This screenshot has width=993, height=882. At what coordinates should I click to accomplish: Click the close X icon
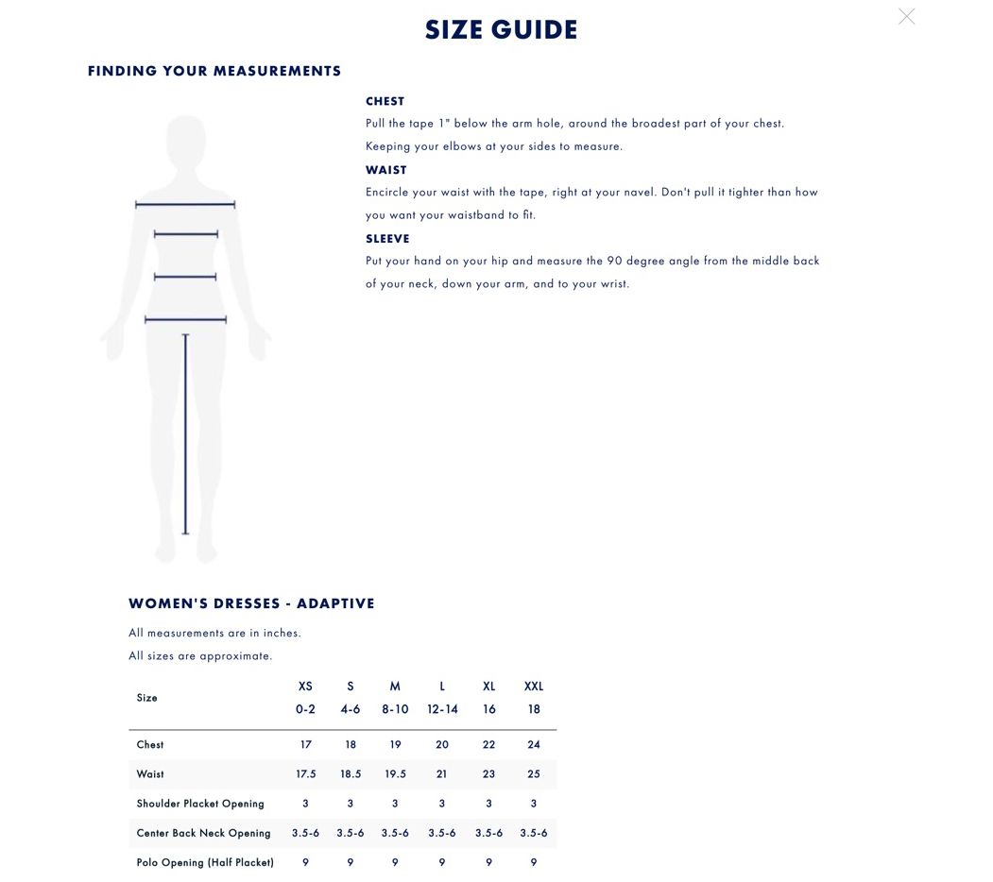point(906,17)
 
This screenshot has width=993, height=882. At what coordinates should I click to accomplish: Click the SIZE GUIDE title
point(501,30)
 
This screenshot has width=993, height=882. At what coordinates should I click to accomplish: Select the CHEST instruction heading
point(385,101)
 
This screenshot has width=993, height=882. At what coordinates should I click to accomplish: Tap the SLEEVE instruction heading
point(387,239)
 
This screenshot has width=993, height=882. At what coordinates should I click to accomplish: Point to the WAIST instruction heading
point(385,170)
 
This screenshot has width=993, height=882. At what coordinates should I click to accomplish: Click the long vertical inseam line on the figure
point(185,434)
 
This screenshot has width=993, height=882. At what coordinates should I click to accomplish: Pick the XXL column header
point(534,687)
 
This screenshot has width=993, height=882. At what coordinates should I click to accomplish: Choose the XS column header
point(305,687)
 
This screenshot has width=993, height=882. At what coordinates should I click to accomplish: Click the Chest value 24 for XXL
point(534,745)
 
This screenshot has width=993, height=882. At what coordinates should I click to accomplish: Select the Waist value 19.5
point(395,774)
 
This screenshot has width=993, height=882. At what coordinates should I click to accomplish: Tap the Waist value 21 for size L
point(442,774)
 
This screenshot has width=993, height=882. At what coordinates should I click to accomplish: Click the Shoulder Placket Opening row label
point(200,804)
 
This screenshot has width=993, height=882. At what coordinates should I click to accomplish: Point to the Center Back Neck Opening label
point(203,833)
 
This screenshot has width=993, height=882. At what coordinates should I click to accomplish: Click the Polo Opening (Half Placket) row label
point(205,862)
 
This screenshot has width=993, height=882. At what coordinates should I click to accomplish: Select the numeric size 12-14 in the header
point(442,709)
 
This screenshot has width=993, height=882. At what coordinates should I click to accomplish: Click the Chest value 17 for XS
point(305,745)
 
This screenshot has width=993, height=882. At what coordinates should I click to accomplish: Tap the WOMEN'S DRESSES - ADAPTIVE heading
point(251,603)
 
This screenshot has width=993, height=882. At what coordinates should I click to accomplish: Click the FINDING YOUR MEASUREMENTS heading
point(214,71)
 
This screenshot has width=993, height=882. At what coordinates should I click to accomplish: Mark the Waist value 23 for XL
point(488,774)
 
